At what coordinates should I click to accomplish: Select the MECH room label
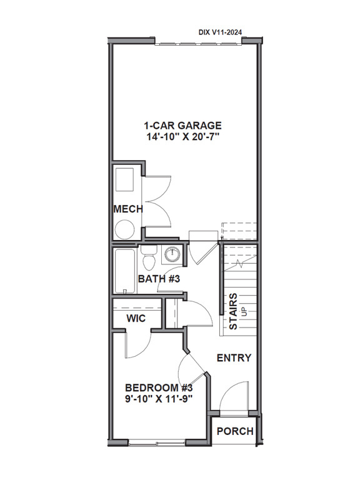[x=127, y=209]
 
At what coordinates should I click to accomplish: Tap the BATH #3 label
[x=159, y=278]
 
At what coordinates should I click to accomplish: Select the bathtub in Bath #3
[x=124, y=272]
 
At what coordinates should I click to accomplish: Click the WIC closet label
[x=136, y=318]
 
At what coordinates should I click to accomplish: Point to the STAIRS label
[x=232, y=312]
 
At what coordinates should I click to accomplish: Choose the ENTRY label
[x=234, y=358]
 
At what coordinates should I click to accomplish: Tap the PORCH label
[x=236, y=431]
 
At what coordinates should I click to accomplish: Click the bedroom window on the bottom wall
[x=161, y=441]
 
